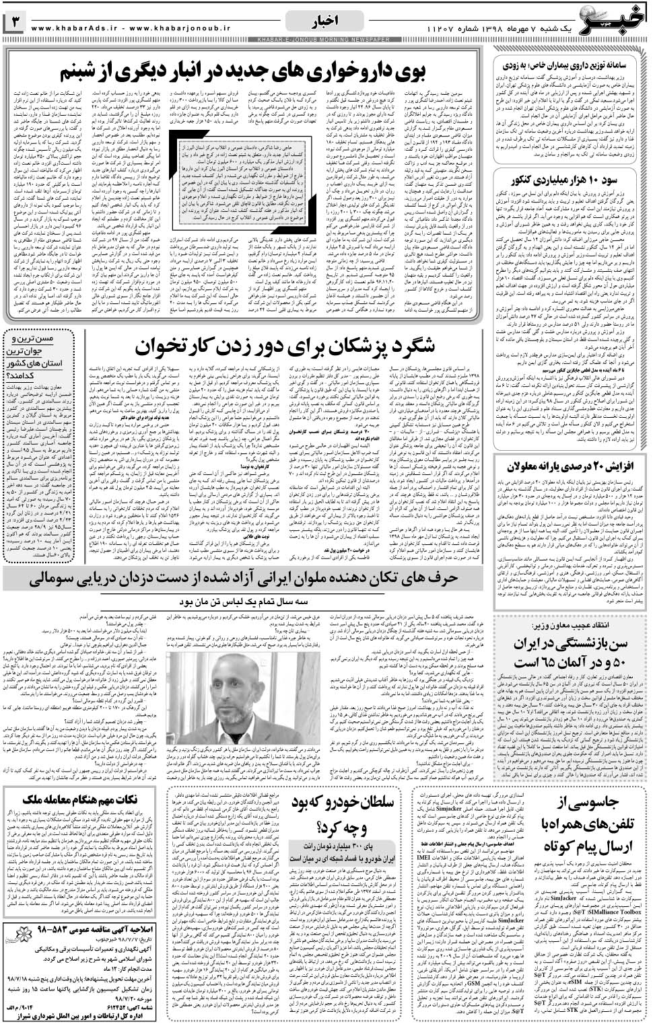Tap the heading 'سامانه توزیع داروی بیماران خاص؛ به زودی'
tap(572, 65)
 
